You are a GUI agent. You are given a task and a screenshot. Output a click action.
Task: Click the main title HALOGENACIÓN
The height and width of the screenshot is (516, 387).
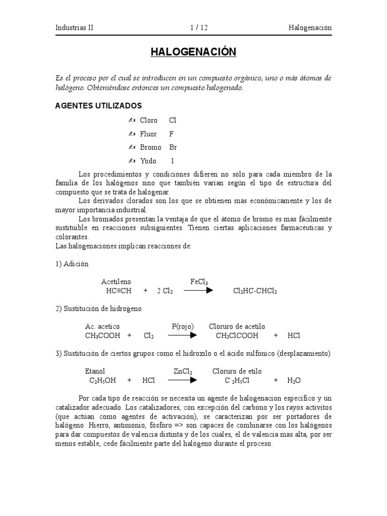193,52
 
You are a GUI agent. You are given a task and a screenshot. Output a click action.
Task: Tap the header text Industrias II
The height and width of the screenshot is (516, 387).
74,28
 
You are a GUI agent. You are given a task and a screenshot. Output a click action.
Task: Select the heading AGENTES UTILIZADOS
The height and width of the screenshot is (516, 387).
98,106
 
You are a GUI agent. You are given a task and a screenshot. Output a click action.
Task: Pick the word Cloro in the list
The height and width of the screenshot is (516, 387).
149,120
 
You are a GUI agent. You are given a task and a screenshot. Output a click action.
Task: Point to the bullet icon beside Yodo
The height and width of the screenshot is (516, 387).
132,161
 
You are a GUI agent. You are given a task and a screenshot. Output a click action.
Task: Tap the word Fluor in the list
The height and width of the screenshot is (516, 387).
148,134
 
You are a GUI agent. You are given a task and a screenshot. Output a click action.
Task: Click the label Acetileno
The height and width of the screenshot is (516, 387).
116,282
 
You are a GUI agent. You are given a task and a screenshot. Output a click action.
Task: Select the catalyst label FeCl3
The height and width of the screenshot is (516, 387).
199,282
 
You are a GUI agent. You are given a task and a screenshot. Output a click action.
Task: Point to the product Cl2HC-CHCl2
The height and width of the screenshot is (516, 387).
255,291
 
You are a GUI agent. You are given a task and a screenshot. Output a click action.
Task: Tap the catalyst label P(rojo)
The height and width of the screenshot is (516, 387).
183,327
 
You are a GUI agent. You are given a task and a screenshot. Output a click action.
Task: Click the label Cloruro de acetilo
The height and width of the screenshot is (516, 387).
237,327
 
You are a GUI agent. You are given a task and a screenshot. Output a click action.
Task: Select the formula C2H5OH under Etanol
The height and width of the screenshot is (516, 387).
102,380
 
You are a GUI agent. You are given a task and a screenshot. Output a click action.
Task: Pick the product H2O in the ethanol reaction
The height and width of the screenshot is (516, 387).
294,380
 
